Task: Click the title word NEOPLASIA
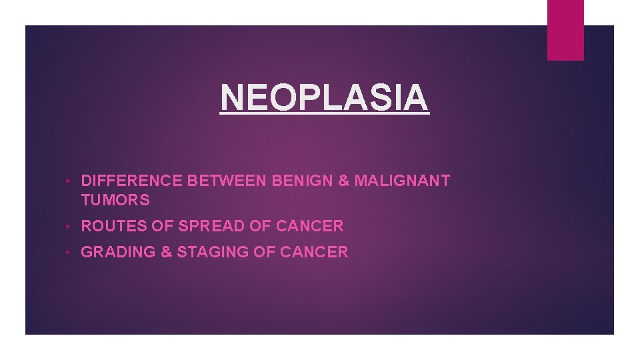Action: click(x=325, y=98)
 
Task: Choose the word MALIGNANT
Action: click(x=403, y=181)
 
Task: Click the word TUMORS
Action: click(x=115, y=200)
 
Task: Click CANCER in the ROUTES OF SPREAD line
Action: click(x=309, y=226)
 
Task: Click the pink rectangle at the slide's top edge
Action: click(x=565, y=29)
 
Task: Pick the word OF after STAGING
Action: click(x=263, y=252)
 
